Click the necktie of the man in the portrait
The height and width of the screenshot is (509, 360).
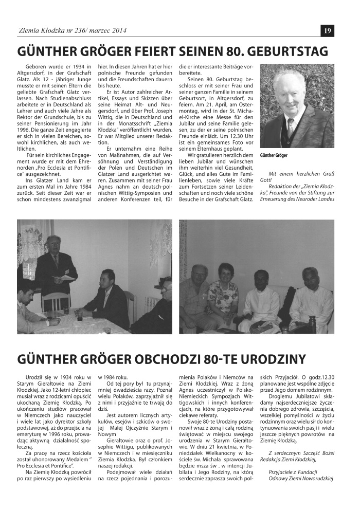coord(291,126)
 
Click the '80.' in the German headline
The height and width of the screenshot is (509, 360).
coord(233,52)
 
